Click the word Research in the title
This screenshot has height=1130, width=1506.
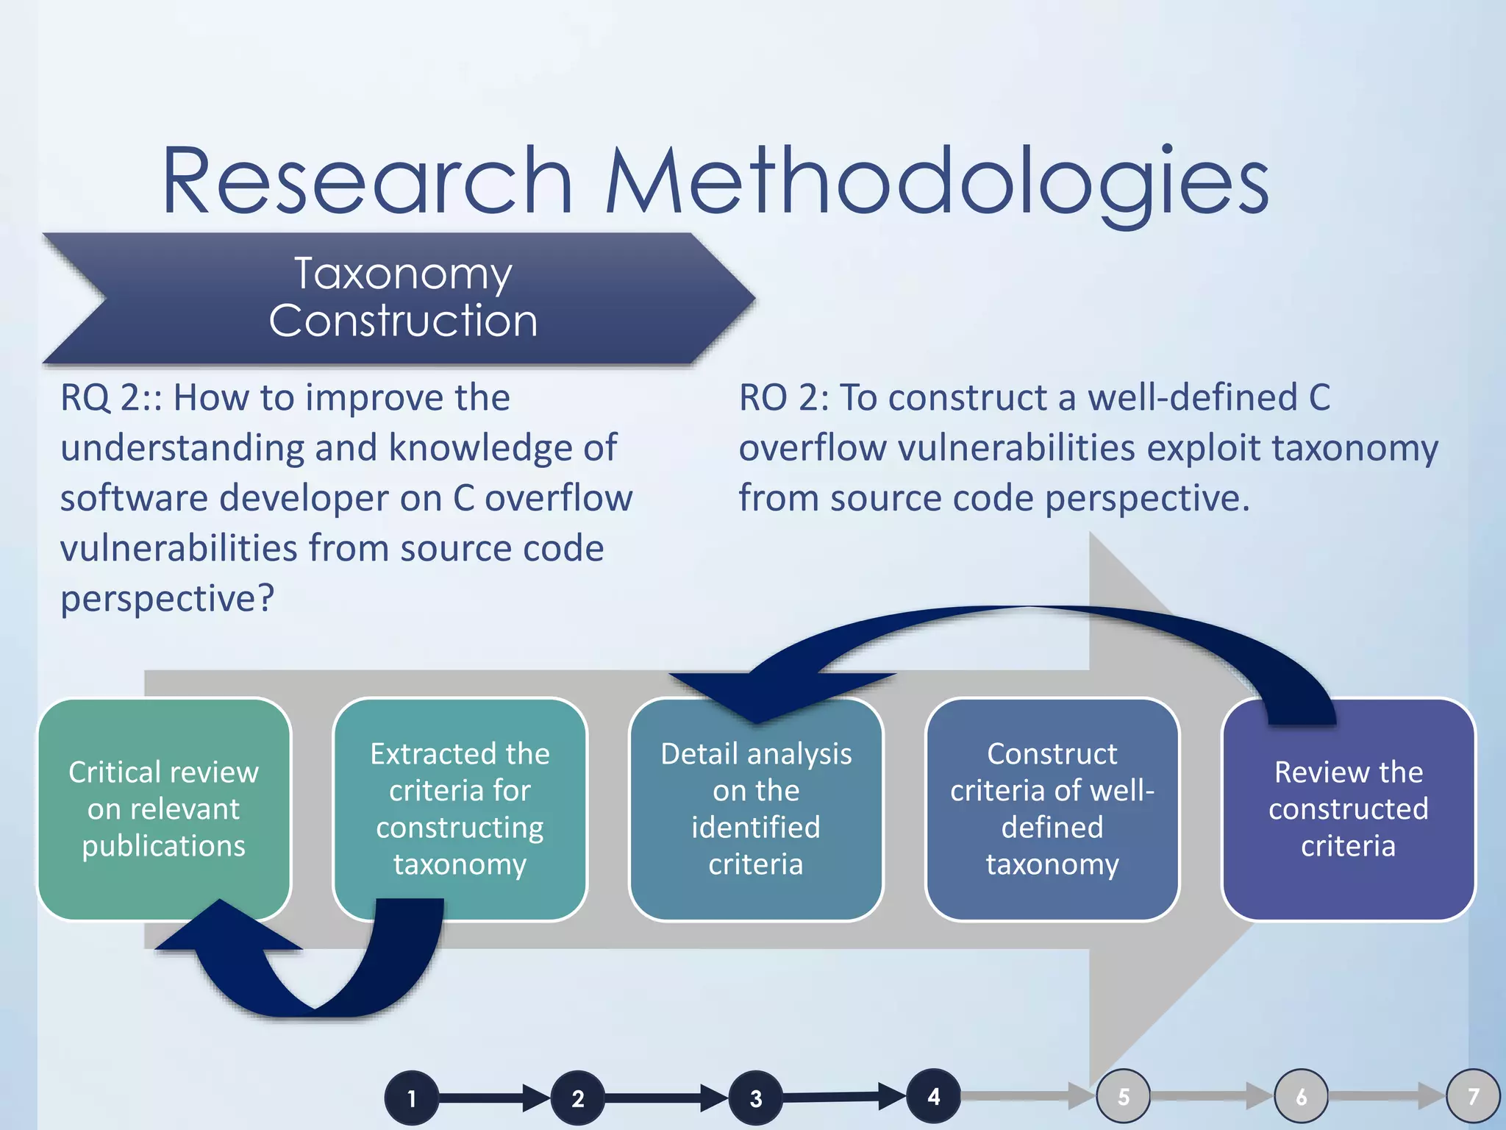click(x=366, y=182)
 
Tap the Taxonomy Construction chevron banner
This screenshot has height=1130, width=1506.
click(x=403, y=297)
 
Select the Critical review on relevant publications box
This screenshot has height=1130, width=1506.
click(x=163, y=809)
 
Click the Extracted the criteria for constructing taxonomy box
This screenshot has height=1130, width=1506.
click(x=460, y=809)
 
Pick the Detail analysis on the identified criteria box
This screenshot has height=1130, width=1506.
click(x=756, y=809)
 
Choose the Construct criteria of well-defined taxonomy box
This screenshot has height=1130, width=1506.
click(x=1052, y=809)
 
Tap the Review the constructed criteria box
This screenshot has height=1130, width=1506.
click(x=1348, y=809)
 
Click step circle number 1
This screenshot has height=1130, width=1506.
click(x=412, y=1098)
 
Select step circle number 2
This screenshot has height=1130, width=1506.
click(x=578, y=1098)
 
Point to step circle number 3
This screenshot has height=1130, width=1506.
click(x=756, y=1098)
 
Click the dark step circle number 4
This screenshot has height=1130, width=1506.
click(x=933, y=1097)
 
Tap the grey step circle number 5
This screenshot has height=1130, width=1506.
click(x=1123, y=1097)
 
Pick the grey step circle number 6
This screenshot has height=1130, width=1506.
click(x=1301, y=1097)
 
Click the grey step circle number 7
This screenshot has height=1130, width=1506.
click(x=1473, y=1097)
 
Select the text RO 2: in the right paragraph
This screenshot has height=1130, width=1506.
click(x=783, y=398)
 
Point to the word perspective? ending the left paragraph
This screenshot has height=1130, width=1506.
click(x=167, y=598)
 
